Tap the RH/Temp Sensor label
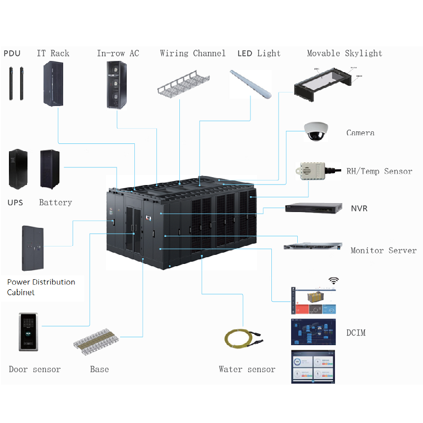(379, 171)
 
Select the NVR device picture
(314, 209)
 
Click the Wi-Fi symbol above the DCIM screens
(333, 280)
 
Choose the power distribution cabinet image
(33, 248)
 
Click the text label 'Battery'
(55, 202)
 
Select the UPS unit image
(17, 169)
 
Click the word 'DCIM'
(356, 333)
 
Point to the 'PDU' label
(12, 54)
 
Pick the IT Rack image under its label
(53, 85)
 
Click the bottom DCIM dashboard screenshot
(312, 367)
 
